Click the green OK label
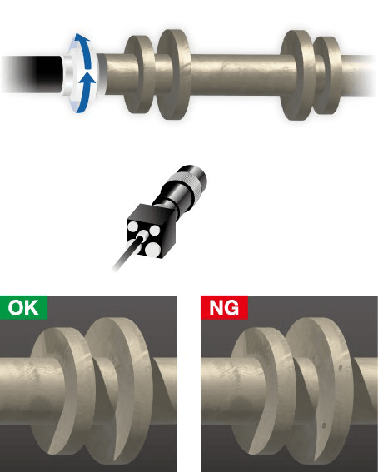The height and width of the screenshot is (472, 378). coord(24,307)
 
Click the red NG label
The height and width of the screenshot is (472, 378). coord(224,307)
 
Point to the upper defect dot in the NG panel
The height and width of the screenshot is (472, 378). coord(341,368)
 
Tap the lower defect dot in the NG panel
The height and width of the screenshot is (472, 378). coord(324,425)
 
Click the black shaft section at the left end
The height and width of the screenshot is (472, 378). coord(33,74)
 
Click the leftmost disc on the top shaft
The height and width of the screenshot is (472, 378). coord(139,74)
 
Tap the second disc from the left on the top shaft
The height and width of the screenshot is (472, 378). coord(174,74)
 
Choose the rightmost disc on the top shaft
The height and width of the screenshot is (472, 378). coord(328,75)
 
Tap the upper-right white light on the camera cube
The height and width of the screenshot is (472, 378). coord(155,231)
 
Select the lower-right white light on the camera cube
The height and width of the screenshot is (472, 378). coord(153,250)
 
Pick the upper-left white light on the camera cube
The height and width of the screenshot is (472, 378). coord(132,226)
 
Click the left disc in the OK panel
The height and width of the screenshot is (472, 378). coord(60,391)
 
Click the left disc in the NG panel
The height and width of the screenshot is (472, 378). coord(261,391)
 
